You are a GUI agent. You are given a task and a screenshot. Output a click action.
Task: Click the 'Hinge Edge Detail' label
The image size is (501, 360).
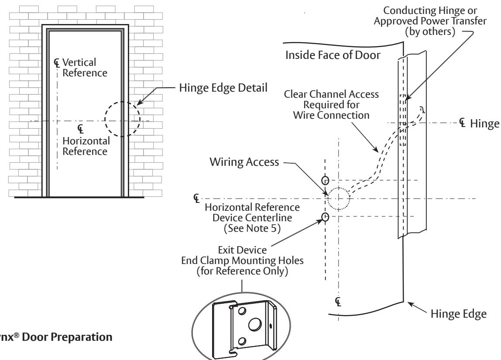pos(223,88)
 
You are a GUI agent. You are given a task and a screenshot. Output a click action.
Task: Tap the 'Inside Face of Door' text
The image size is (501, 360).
pos(333,55)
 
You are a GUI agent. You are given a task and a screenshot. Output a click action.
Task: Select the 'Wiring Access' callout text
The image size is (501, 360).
pos(244,162)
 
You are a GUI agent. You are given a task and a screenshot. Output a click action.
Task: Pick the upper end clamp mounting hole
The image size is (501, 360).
pos(325,181)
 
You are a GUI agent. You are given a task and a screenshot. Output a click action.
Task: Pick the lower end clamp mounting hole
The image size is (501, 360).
pos(325,217)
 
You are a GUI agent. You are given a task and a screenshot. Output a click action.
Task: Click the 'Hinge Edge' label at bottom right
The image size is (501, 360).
pos(459,314)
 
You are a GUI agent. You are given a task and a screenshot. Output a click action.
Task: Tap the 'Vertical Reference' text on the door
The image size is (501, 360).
pos(85,67)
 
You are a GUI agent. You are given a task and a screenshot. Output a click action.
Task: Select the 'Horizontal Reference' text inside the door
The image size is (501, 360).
pos(86,146)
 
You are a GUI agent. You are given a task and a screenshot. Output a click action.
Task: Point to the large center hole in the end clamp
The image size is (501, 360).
pos(254,325)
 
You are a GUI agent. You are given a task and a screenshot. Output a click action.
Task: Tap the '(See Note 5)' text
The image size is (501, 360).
pos(252,228)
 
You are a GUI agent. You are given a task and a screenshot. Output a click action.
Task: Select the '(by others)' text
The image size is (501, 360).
pos(430,31)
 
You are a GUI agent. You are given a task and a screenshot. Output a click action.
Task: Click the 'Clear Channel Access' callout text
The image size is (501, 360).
pos(331,94)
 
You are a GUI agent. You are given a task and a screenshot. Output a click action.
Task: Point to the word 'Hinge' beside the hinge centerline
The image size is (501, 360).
pos(484,123)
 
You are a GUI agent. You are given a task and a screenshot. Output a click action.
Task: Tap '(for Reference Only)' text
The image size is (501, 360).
pos(242,271)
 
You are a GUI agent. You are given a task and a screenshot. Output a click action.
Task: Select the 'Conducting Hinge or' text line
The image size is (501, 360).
pos(430,10)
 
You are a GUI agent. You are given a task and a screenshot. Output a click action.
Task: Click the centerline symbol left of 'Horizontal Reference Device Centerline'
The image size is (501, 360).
pos(196,198)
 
